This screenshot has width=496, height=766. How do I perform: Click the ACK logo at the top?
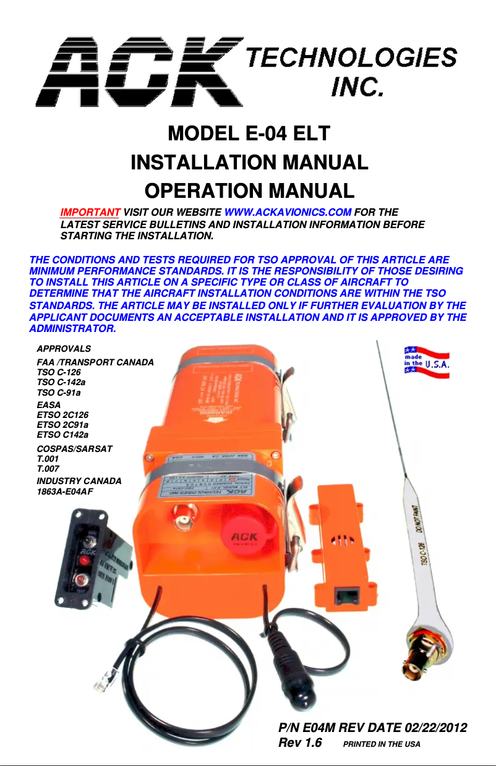139,71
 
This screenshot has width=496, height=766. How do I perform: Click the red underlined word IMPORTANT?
90,213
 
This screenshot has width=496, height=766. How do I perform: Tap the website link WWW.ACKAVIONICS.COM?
288,213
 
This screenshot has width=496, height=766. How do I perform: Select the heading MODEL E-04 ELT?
249,134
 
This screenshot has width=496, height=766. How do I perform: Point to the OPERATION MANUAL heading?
249,190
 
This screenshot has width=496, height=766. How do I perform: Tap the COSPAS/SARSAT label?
75,448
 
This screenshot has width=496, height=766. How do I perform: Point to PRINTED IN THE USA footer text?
382,744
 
